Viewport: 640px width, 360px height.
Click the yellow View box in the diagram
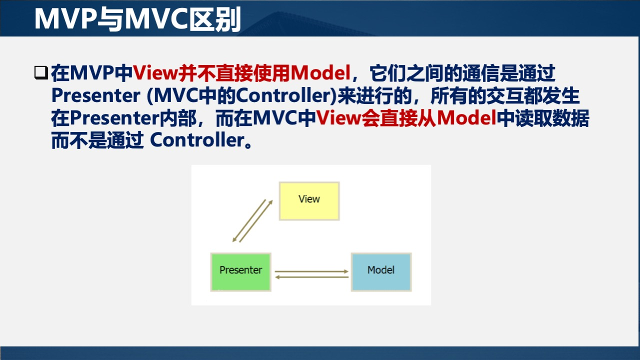(309, 201)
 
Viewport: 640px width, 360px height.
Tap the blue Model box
(381, 272)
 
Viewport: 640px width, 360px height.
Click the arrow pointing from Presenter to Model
(311, 271)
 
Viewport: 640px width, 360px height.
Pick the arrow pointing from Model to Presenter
(311, 277)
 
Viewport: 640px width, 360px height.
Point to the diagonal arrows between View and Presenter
(253, 220)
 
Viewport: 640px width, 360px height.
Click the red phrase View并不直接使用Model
(241, 74)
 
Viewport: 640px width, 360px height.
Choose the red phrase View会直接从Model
(406, 118)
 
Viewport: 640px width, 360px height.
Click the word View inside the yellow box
(309, 199)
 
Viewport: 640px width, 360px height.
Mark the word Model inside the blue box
(381, 270)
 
